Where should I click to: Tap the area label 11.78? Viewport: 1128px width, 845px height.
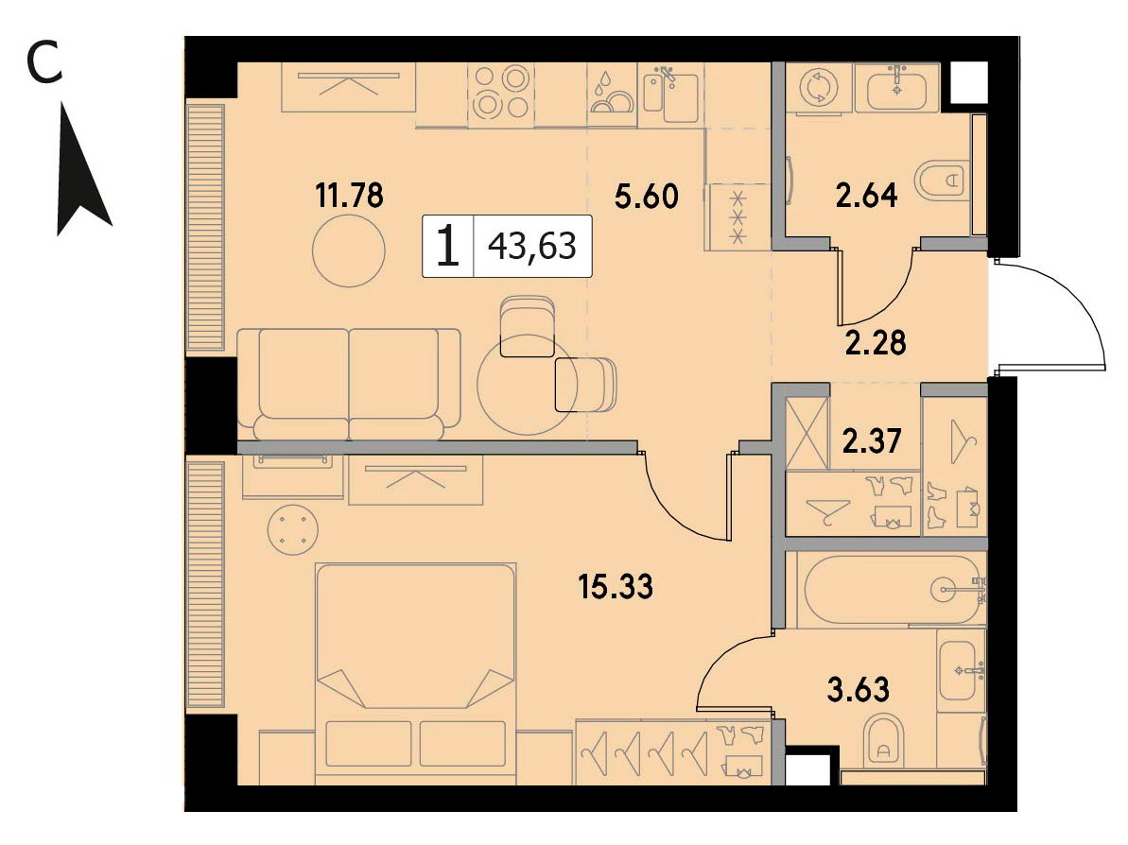[x=350, y=195]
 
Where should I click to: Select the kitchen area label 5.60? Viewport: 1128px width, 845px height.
[x=646, y=196]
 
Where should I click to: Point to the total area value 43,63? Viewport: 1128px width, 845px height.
[x=532, y=246]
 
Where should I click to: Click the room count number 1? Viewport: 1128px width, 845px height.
[x=447, y=245]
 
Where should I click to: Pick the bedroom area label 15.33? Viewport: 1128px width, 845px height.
[x=616, y=587]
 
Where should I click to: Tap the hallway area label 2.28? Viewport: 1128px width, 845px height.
[x=876, y=343]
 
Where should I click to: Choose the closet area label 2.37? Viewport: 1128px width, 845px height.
[x=871, y=440]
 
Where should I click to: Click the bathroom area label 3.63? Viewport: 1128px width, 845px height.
[x=859, y=689]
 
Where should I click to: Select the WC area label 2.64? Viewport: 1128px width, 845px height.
[x=866, y=195]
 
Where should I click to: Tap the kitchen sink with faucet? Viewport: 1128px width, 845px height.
[x=670, y=93]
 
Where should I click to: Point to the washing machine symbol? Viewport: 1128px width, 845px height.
[x=819, y=88]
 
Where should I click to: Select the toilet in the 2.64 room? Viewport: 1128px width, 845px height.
[x=943, y=179]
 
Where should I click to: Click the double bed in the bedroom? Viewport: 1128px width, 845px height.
[x=416, y=672]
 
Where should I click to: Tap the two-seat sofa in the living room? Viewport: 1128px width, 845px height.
[x=349, y=384]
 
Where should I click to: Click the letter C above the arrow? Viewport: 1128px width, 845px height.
[x=43, y=62]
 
